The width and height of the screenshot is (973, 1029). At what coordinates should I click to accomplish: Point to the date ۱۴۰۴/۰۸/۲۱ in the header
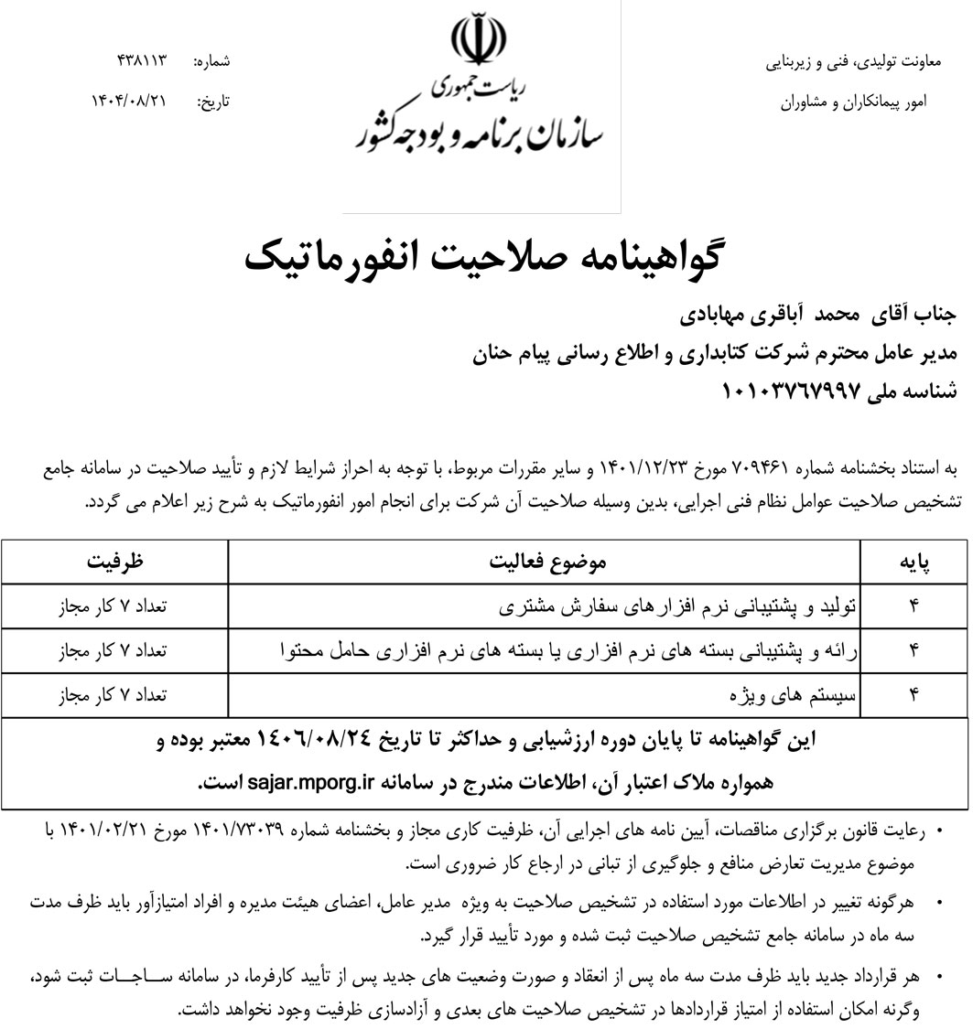[130, 102]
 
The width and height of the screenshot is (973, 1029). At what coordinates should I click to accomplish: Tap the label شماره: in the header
[211, 61]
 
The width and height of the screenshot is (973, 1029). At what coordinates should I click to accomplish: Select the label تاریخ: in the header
[213, 102]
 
